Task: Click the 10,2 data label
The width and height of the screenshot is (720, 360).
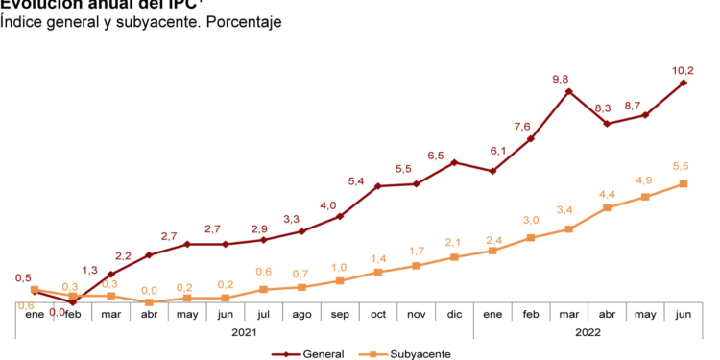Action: [683, 69]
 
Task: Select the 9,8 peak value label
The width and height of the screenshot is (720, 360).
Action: [569, 79]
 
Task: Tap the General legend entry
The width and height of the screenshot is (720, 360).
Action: [322, 354]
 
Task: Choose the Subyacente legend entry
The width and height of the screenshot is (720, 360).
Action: [418, 354]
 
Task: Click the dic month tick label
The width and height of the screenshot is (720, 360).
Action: [454, 314]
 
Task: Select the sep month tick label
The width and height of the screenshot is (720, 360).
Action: [340, 314]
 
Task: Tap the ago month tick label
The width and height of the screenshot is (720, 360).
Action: [301, 314]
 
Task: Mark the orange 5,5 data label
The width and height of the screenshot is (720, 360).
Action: [683, 166]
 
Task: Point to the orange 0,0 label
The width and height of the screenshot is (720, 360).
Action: [149, 289]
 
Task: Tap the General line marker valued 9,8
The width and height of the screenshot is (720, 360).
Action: [569, 92]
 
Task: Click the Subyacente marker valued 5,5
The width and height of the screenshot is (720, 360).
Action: [683, 183]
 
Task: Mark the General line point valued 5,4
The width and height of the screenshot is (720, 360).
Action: [378, 185]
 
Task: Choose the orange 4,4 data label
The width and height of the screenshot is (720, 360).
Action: [607, 194]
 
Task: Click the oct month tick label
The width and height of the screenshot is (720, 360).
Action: [378, 314]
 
